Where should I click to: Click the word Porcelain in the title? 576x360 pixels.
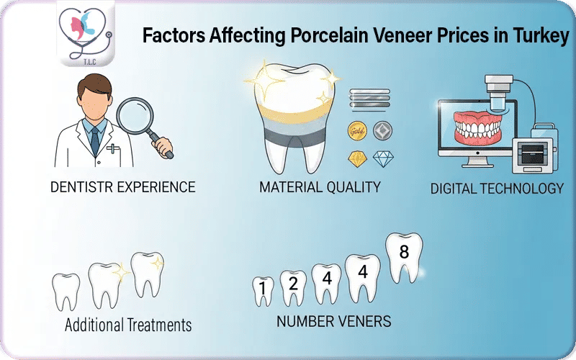point(297,36)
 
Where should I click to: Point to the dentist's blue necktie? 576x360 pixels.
point(94,137)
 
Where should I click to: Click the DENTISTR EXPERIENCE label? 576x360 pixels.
point(123,187)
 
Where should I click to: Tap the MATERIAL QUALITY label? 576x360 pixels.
point(320,188)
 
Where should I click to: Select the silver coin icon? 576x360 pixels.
point(382,132)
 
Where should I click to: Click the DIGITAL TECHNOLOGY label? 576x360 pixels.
point(497,189)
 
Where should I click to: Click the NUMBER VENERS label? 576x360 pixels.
point(334,320)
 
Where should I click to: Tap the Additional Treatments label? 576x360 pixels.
point(128,325)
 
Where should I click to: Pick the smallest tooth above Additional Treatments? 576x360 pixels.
point(66,292)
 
